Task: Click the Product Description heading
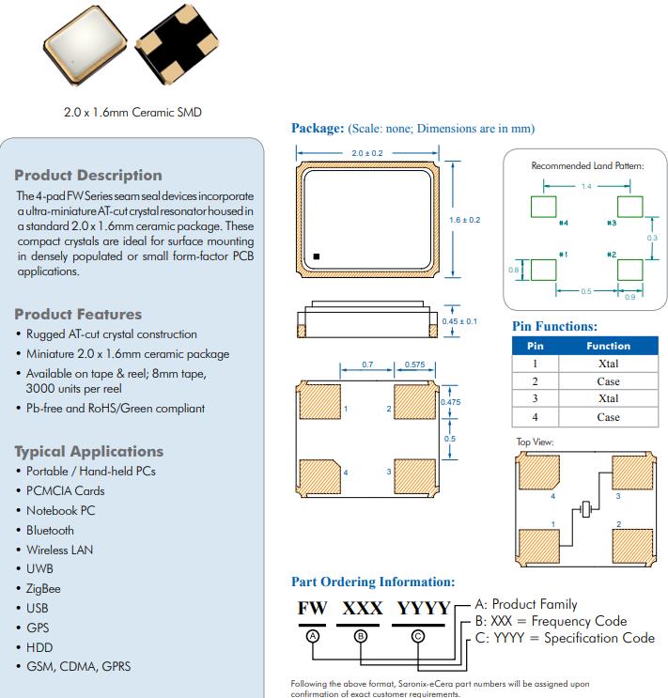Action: pos(88,176)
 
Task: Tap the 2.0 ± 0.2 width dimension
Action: pos(366,152)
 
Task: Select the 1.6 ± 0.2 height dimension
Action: pos(465,220)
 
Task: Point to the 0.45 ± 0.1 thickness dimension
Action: pos(459,321)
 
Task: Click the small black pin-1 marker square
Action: pos(318,255)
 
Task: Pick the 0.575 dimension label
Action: pos(414,364)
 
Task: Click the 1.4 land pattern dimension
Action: pos(586,186)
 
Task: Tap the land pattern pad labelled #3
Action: pos(629,207)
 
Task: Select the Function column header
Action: pos(608,346)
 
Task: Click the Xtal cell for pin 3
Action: pos(608,399)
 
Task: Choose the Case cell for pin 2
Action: pos(608,381)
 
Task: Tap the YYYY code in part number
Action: pos(423,608)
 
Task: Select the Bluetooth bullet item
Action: pos(51,530)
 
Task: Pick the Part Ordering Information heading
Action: pos(373,582)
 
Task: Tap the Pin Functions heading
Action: pos(554,326)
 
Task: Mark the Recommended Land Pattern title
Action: pos(587,165)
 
